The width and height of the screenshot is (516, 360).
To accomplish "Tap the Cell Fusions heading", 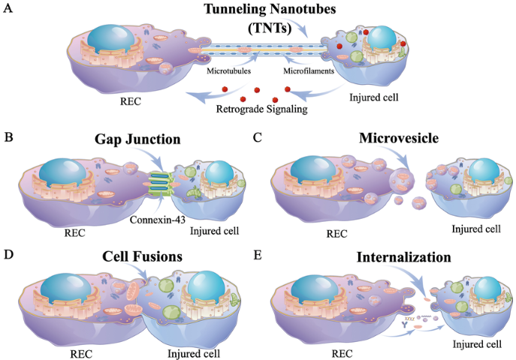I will point(143,257).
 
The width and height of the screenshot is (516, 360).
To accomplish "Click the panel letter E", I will point(259,254).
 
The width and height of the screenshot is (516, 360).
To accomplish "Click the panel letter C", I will point(259,138).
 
